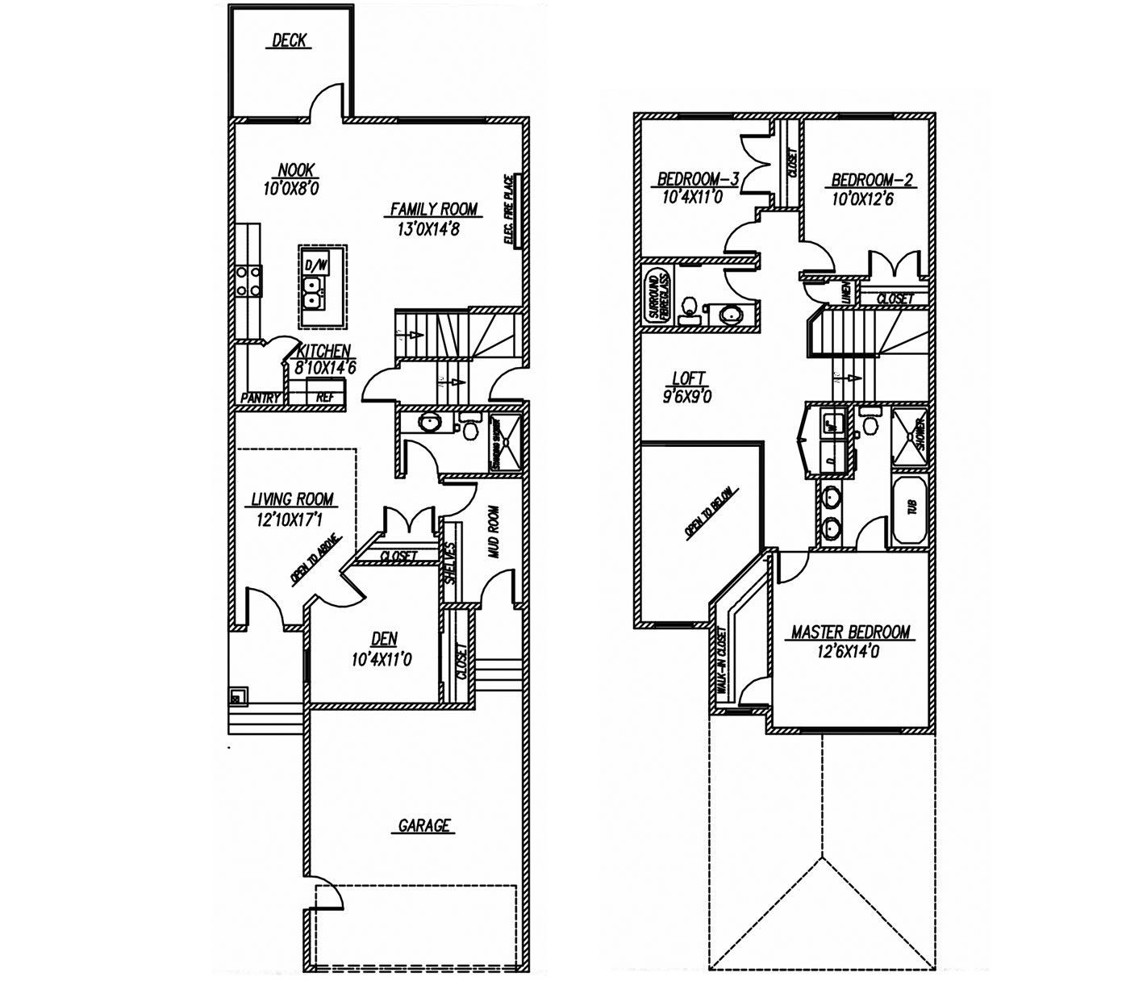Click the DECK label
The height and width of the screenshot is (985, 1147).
click(x=289, y=40)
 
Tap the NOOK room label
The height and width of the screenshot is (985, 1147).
click(x=296, y=170)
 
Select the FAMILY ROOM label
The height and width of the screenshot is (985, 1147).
click(x=434, y=209)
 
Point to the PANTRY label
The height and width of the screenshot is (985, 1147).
click(x=261, y=398)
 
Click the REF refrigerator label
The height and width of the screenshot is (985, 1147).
click(x=324, y=397)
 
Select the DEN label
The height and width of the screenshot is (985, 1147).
click(x=384, y=639)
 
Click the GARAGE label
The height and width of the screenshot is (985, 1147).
click(x=424, y=825)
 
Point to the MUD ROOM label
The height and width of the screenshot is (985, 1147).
click(x=494, y=532)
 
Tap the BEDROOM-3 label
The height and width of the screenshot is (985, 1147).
click(x=699, y=178)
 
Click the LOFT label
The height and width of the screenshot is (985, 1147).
click(x=688, y=378)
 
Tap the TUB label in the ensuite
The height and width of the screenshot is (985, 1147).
click(x=912, y=507)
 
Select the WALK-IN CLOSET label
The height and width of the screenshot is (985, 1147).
click(x=719, y=662)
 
